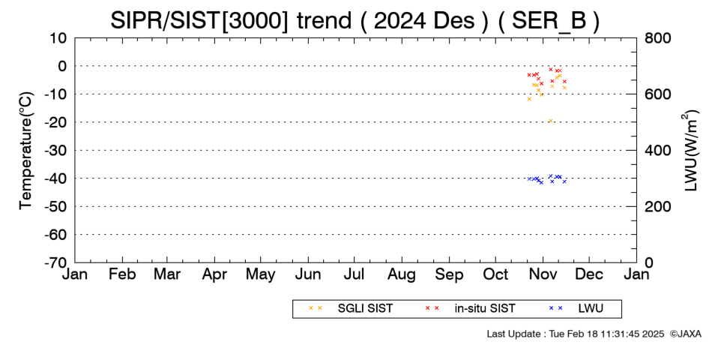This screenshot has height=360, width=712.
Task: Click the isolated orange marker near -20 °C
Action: tap(550, 121)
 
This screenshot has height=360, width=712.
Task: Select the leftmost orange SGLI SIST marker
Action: tap(529, 99)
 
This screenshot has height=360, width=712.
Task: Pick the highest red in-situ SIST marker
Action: tap(550, 70)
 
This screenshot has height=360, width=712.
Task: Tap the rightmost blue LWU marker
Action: tap(564, 181)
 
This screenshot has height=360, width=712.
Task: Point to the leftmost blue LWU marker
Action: tap(529, 178)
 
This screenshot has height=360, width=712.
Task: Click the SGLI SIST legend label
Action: tap(365, 308)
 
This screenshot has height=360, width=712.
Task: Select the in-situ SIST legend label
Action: tap(485, 308)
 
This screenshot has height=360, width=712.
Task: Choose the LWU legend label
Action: tap(591, 308)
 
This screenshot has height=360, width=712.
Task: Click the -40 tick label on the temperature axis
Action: tap(55, 178)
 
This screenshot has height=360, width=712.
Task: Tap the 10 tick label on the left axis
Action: tap(58, 38)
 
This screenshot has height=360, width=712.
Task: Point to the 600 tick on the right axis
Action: tap(657, 94)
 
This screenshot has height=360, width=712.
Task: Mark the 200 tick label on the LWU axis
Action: tap(657, 206)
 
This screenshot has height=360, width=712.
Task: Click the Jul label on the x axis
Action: tap(354, 274)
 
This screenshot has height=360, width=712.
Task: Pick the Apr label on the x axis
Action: tap(214, 274)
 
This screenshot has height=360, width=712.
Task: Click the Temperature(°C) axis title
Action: tap(26, 151)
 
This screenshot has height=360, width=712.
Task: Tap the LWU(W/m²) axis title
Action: tap(689, 151)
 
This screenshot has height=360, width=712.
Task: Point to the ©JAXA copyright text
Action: tap(685, 334)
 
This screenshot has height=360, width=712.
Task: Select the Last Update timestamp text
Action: tap(576, 334)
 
